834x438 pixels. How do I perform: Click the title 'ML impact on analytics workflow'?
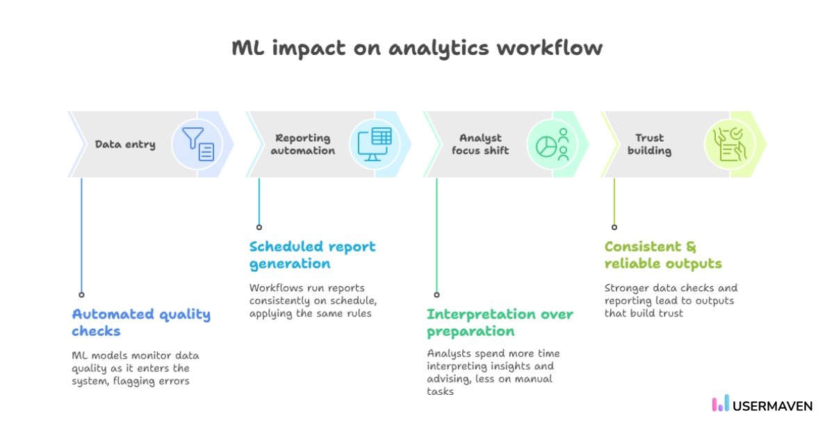pos(416,48)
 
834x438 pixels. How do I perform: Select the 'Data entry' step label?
pos(125,145)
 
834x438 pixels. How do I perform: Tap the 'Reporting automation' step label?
pos(303,145)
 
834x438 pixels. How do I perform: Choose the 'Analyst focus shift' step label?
pos(480,145)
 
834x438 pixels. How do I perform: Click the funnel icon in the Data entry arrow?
pos(198,144)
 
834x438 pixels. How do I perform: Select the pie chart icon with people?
pos(553,144)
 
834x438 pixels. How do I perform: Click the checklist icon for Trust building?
pos(730,144)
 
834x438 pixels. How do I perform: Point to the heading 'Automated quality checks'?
pos(141,322)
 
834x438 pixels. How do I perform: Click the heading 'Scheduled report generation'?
pos(312,254)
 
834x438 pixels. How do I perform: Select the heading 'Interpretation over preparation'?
pos(500,322)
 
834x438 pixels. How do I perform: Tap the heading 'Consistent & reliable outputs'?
pos(662,254)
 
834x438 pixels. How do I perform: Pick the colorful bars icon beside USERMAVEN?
pos(721,404)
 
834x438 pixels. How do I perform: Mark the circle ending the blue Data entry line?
pos(81,295)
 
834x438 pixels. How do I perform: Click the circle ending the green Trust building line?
pos(614,227)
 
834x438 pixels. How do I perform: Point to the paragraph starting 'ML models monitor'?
pos(136,368)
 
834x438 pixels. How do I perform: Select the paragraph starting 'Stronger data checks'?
pos(670,300)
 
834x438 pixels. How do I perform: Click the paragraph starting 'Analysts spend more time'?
pos(493,372)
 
